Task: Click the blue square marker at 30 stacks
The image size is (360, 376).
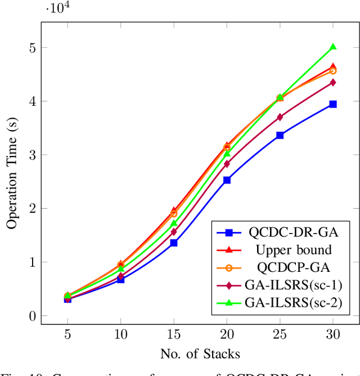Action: (333, 104)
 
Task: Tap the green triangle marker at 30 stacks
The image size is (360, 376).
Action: (333, 47)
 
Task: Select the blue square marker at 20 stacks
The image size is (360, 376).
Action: (227, 180)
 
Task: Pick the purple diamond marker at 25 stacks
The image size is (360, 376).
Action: (280, 117)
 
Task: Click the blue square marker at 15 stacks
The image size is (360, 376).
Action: (174, 243)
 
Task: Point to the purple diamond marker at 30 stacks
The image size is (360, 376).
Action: (333, 82)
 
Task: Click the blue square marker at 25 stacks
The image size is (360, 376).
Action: (280, 135)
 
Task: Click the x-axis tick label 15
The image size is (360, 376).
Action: (174, 335)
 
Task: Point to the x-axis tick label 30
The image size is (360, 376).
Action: (333, 335)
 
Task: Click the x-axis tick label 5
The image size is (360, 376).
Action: (67, 335)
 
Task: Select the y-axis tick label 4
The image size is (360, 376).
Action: (31, 101)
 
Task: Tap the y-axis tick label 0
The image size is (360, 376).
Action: (31, 316)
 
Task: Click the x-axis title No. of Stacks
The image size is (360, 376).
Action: (200, 353)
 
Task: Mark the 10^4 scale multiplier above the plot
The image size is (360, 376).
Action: (55, 10)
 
